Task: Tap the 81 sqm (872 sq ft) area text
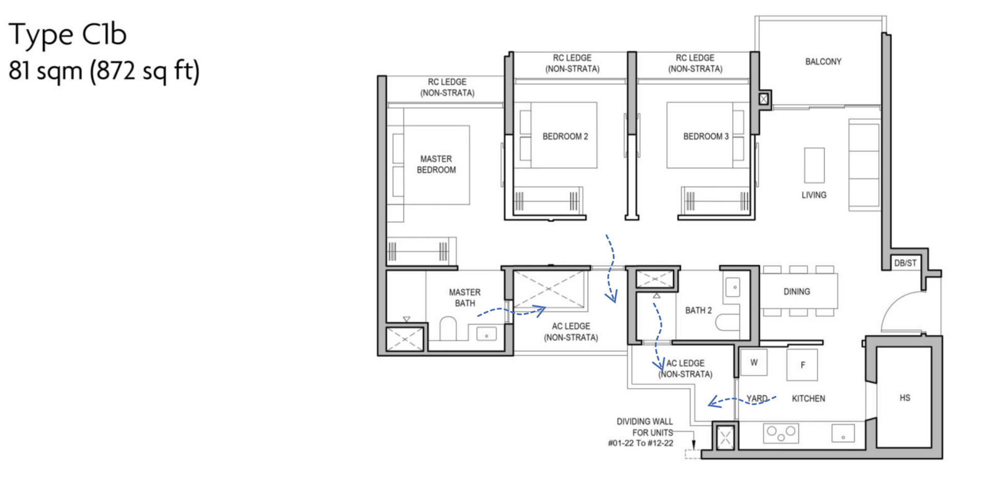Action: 104,71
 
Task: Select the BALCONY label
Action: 823,62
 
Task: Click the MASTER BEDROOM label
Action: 436,164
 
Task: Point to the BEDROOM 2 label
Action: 565,137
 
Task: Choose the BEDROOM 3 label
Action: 706,137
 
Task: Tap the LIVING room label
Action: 814,195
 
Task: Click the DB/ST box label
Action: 905,263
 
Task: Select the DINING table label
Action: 797,292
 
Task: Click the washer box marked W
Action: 754,362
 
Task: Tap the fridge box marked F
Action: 802,365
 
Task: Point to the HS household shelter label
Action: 905,398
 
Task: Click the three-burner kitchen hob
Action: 781,433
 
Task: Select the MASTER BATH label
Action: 464,297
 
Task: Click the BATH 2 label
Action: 698,310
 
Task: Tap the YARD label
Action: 757,398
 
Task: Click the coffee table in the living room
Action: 814,165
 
